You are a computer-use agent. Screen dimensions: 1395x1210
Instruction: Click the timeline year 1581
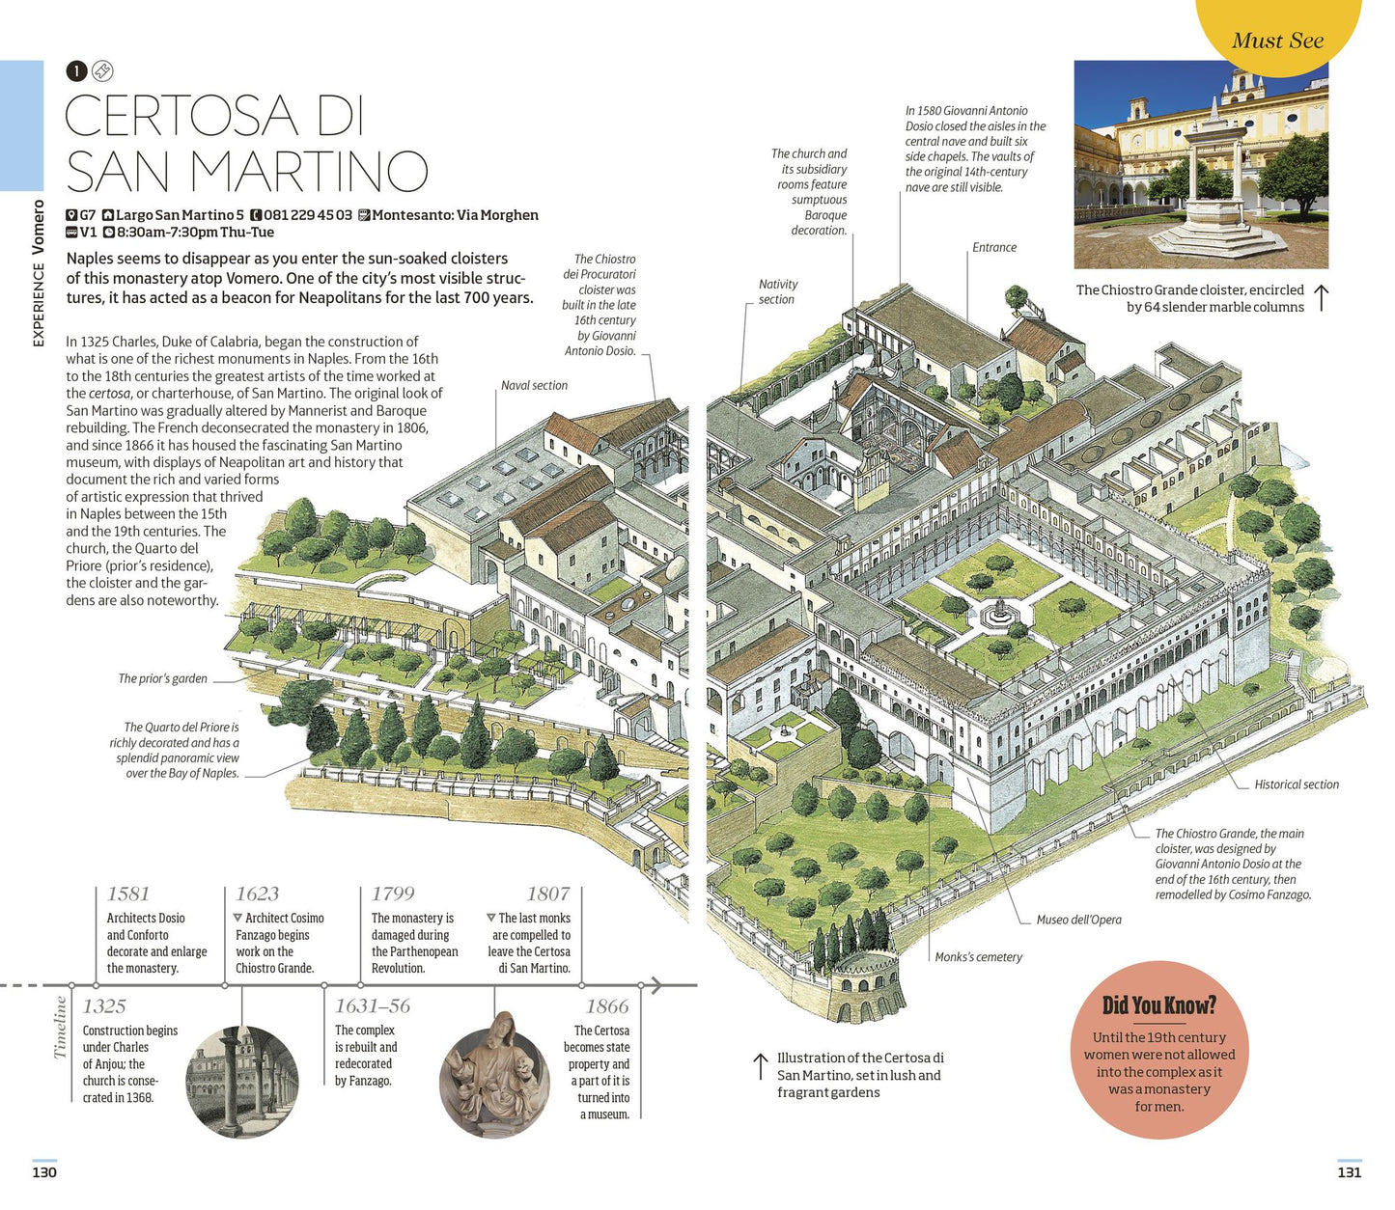(x=128, y=893)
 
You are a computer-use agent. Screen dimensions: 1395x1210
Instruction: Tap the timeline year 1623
(x=258, y=893)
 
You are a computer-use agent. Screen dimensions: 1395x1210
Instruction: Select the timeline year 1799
(x=394, y=893)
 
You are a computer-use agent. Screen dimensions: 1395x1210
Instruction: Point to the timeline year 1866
(x=607, y=1005)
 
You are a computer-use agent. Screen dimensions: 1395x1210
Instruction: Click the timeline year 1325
(x=104, y=1005)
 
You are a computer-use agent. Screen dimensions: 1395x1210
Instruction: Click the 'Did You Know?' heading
(x=1159, y=1004)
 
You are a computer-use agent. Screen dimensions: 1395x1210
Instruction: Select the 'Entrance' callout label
(x=994, y=247)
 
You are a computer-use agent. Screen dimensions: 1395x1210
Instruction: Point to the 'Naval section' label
(x=535, y=385)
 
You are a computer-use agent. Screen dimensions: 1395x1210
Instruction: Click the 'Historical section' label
(x=1297, y=784)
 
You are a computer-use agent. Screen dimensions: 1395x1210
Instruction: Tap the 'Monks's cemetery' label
(x=978, y=956)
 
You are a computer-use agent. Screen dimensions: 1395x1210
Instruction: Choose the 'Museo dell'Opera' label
(x=1078, y=920)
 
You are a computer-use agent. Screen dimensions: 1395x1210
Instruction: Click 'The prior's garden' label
(x=162, y=678)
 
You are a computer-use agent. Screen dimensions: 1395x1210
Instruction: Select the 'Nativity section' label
(x=778, y=291)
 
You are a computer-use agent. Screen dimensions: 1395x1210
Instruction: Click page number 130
(x=44, y=1171)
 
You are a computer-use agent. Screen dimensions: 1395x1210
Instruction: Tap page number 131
(x=1350, y=1171)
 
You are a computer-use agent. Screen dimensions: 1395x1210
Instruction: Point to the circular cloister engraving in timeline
(x=242, y=1083)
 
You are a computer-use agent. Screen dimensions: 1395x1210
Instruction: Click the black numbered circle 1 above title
(x=77, y=70)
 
